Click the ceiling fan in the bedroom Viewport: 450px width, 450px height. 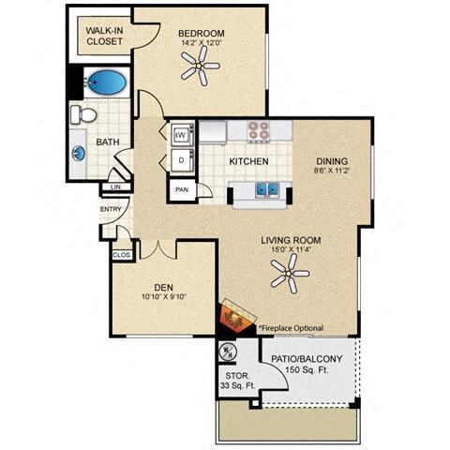pyautogui.click(x=200, y=66)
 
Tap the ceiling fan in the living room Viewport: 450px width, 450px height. pyautogui.click(x=290, y=274)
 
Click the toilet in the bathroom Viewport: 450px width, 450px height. pyautogui.click(x=85, y=114)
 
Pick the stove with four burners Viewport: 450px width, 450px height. pyautogui.click(x=259, y=131)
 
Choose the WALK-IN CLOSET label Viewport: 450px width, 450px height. pyautogui.click(x=105, y=35)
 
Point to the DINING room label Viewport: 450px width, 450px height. pyautogui.click(x=333, y=159)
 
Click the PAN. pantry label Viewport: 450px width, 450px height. pyautogui.click(x=181, y=190)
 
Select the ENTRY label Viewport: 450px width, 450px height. pyautogui.click(x=110, y=209)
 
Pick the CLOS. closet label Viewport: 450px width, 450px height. pyautogui.click(x=122, y=254)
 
